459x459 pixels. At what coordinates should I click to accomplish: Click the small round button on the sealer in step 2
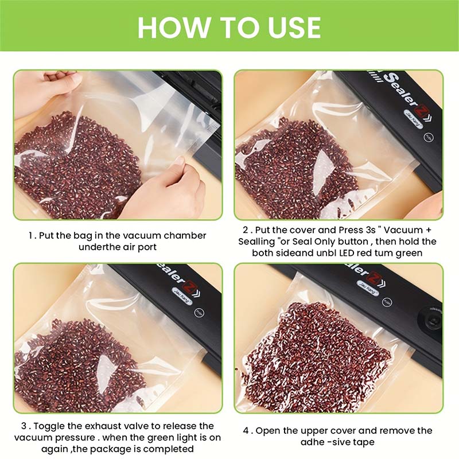[427, 137]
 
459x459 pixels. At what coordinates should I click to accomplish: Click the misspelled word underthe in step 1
[103, 247]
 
